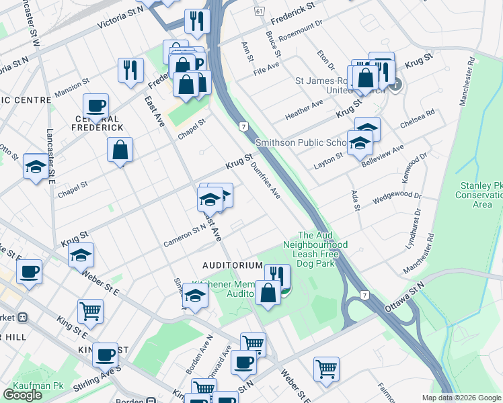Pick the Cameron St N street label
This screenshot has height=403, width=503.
coord(184,236)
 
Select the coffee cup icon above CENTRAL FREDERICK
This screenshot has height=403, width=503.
coord(96,105)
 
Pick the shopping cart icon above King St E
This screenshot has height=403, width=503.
coord(90,310)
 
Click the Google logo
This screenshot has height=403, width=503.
coord(23,395)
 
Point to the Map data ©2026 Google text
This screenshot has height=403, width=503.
coord(461,398)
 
